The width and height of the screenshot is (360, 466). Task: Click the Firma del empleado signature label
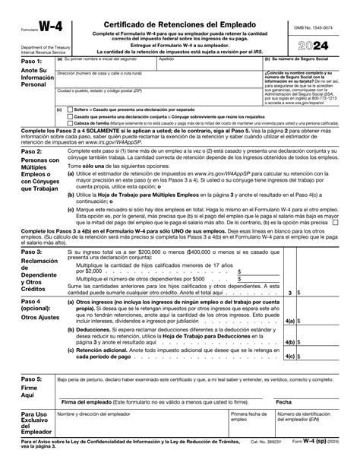click(x=129, y=401)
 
